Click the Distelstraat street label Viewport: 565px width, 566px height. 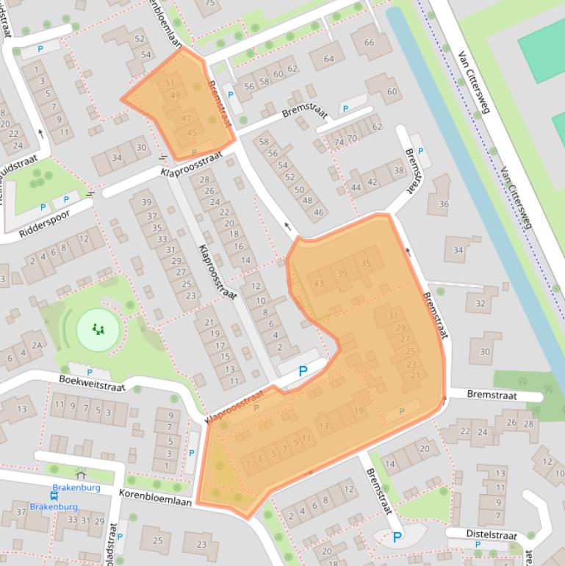[x=492, y=534]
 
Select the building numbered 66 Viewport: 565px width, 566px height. [x=370, y=43]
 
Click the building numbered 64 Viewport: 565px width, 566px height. [x=329, y=59]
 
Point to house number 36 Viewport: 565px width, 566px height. [x=443, y=204]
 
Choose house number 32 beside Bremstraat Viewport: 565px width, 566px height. [x=481, y=303]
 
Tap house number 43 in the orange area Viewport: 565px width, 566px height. [x=318, y=284]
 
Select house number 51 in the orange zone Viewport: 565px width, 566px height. [x=170, y=84]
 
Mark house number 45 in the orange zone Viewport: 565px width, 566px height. [x=192, y=133]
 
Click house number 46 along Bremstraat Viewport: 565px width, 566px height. [x=318, y=212]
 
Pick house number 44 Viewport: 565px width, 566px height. [x=356, y=187]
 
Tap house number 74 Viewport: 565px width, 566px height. [x=339, y=142]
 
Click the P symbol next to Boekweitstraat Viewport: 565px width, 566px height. [x=89, y=373]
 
